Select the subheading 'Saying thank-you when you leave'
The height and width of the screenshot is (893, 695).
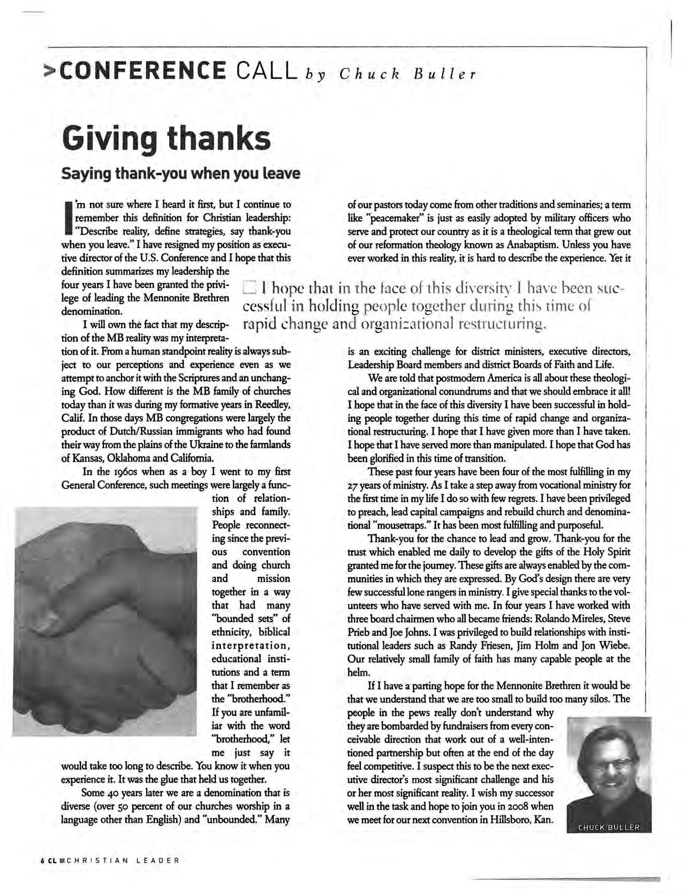(181, 174)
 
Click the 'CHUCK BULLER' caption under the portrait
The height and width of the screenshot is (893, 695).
(609, 827)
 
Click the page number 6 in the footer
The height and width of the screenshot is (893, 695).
(41, 860)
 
